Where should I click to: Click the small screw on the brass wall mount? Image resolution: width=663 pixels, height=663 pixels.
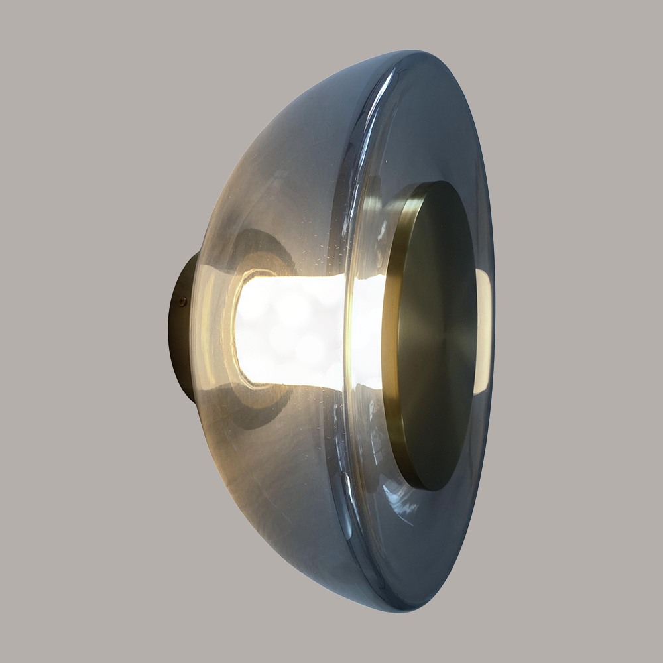[182, 302]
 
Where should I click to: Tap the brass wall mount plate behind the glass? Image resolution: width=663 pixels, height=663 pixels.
[180, 331]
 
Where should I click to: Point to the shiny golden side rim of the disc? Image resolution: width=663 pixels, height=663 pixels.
[396, 331]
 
